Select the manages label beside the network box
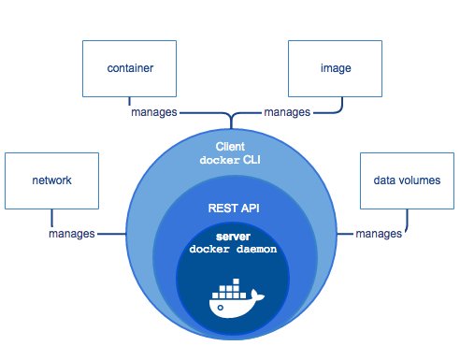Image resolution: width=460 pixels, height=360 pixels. click(x=71, y=233)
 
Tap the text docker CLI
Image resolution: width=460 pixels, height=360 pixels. click(x=230, y=159)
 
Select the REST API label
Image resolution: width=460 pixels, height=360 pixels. click(x=230, y=211)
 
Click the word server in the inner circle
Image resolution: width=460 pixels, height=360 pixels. click(x=230, y=238)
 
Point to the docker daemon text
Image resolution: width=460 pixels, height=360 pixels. click(x=230, y=251)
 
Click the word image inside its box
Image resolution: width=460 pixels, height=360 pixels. click(x=329, y=68)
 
